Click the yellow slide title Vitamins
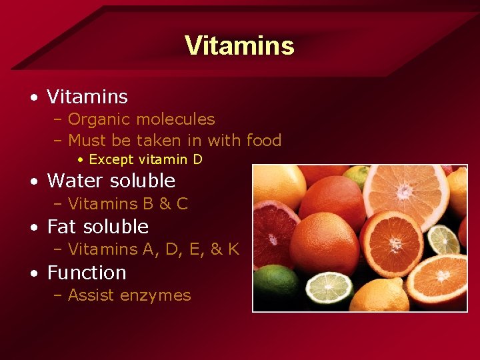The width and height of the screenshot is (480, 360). tap(239, 45)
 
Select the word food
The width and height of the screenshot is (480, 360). tap(264, 140)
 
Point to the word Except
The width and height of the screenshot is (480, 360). tap(110, 159)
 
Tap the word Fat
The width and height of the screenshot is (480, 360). tap(61, 227)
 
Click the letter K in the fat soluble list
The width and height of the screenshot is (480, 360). tap(233, 249)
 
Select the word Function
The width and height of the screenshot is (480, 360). tap(87, 273)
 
